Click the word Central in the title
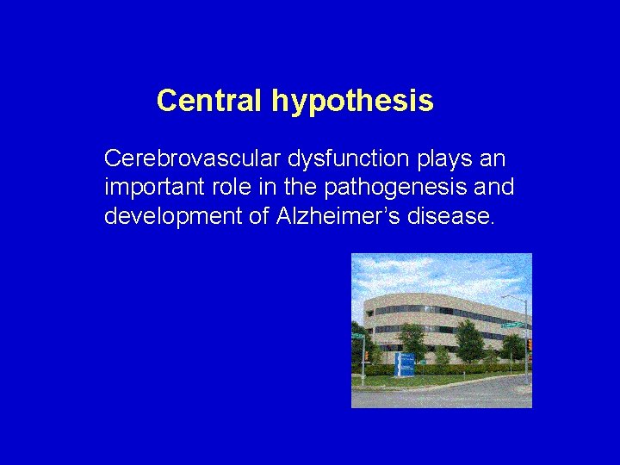coord(210,102)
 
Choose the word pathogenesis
coord(399,188)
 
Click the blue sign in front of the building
coord(404,364)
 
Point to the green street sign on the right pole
coord(513,325)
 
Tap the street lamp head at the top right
coord(505,297)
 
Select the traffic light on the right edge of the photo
coord(529,344)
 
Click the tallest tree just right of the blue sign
coord(469,340)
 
